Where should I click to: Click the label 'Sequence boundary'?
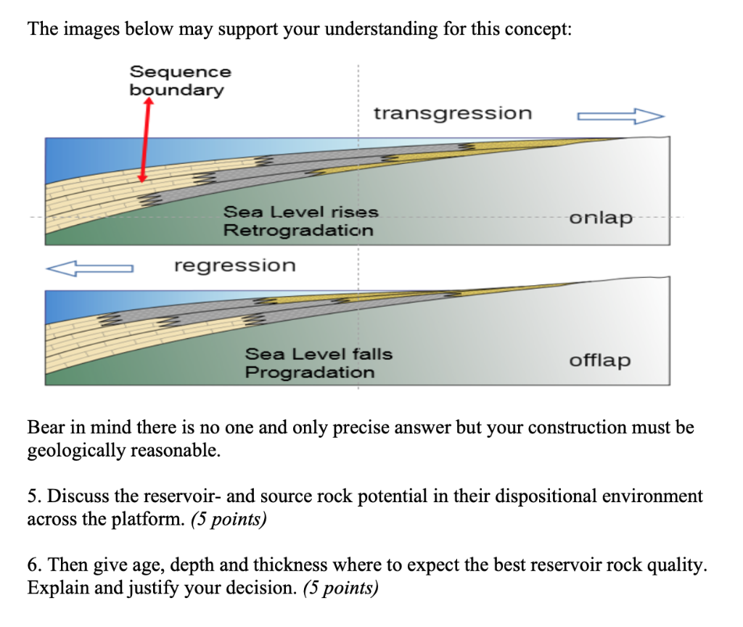pos(180,81)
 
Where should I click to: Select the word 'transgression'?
pos(452,113)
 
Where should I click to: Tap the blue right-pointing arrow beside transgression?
pos(620,115)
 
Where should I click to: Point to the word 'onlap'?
pos(601,218)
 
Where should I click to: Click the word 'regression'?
pos(234,265)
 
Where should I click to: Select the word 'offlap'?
pos(599,360)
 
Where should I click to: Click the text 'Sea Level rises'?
pos(300,212)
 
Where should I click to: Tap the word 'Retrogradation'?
pos(298,230)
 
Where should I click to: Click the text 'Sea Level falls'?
pos(318,354)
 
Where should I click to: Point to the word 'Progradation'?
pos(310,372)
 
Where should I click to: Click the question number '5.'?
pos(34,496)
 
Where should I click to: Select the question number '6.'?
pos(34,565)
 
